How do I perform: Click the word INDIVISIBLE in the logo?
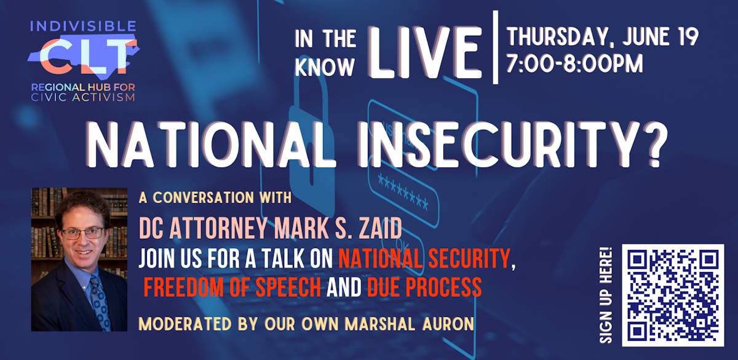[83, 26]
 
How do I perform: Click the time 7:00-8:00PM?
[574, 63]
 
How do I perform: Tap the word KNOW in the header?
[325, 67]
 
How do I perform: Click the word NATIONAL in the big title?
[211, 145]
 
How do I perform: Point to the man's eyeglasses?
[83, 233]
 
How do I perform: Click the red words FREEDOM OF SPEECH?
[232, 287]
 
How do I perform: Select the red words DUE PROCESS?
[424, 287]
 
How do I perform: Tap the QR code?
[673, 295]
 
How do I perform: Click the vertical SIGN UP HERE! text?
[606, 295]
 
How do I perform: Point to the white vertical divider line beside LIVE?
[495, 47]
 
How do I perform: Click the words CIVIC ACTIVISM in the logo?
[83, 98]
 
